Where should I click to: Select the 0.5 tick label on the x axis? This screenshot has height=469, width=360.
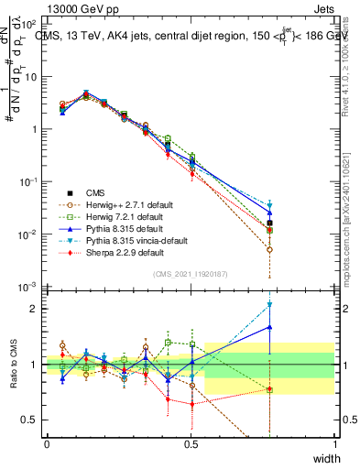[x=191, y=443]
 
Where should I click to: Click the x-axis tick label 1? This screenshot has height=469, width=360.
[x=334, y=443]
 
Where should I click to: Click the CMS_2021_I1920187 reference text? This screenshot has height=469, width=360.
[x=191, y=274]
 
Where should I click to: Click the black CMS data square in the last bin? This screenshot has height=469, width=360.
[x=269, y=223]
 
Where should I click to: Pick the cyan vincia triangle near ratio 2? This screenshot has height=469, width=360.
[x=269, y=305]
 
